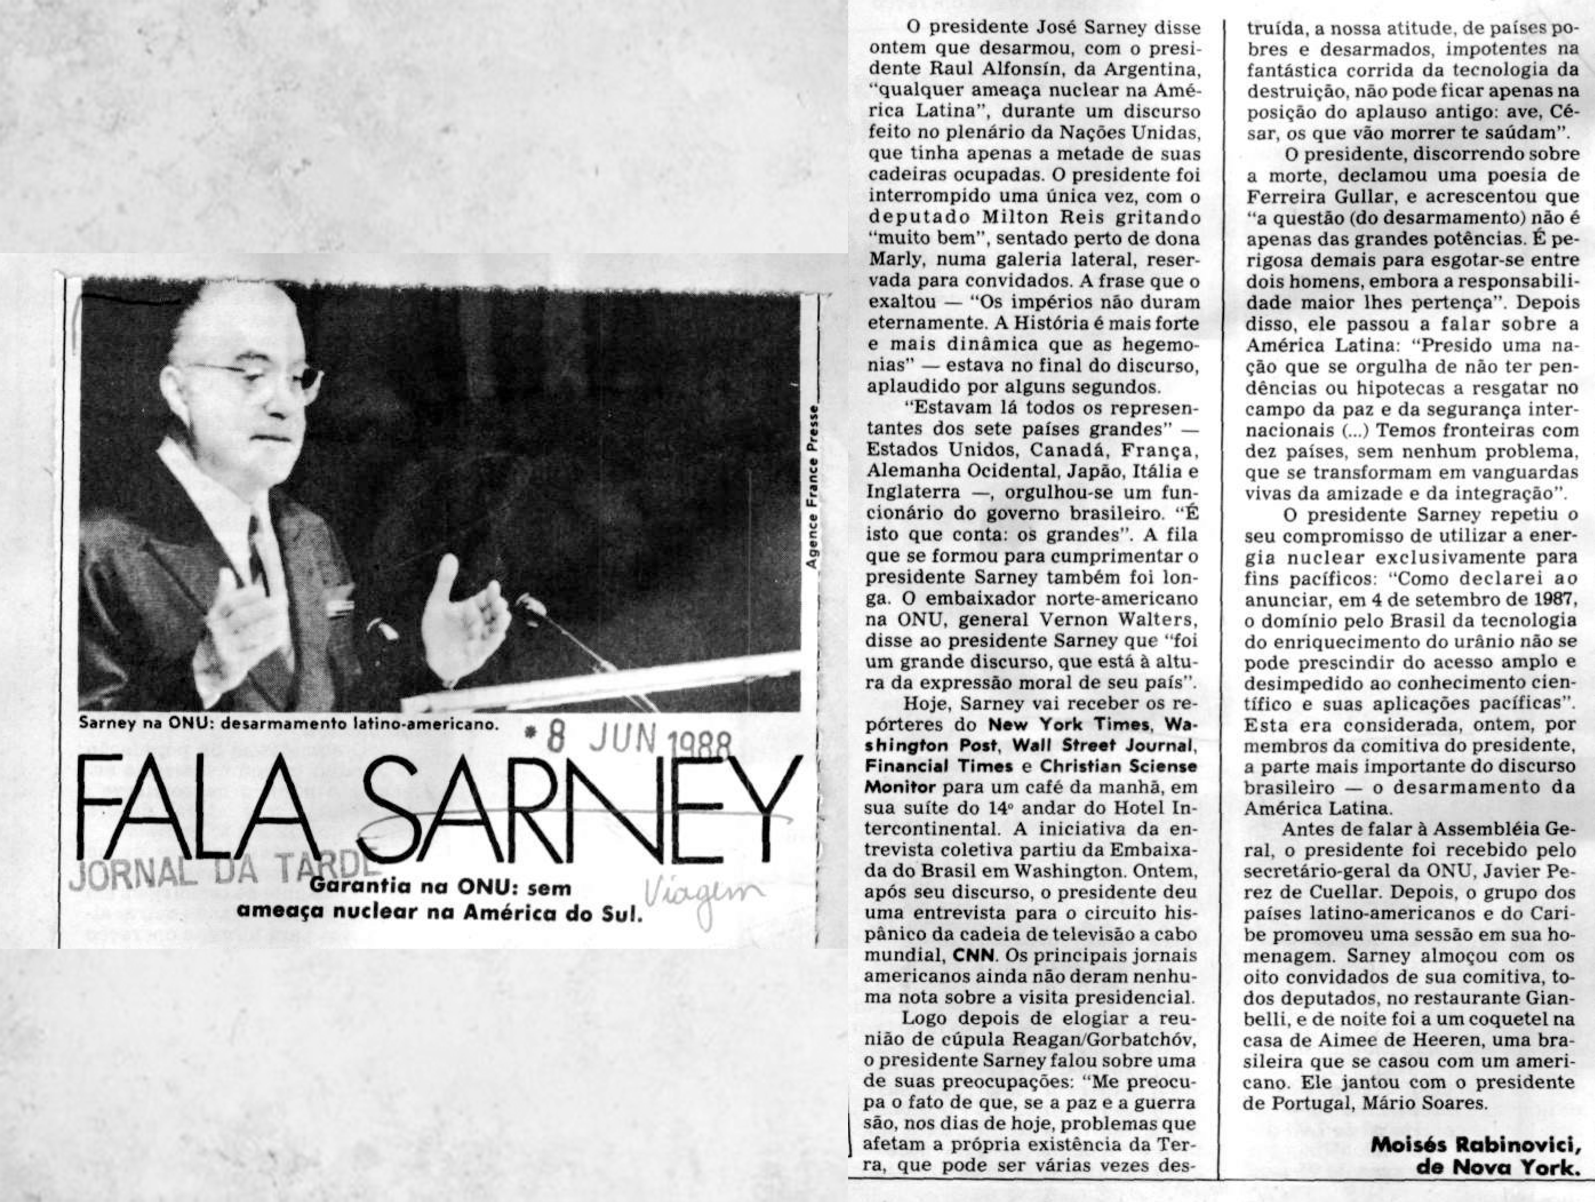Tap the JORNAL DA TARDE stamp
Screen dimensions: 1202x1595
[217, 874]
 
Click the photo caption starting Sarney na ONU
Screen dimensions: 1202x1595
[289, 723]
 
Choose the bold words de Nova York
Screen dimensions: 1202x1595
[1497, 1167]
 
